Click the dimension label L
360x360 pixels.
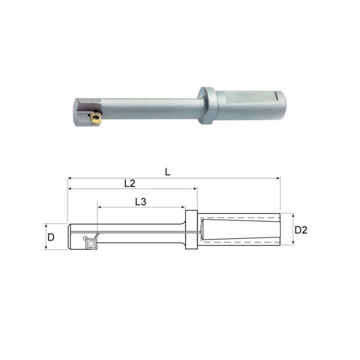tap(168, 172)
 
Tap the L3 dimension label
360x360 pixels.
tap(140, 202)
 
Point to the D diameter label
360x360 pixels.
tap(51, 237)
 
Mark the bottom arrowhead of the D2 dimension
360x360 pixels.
tap(293, 244)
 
